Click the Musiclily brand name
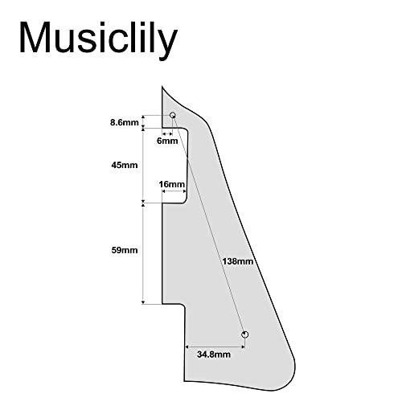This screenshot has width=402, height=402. pos(98,39)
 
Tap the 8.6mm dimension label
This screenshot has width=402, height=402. pos(125,122)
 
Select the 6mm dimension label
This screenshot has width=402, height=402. pos(167,141)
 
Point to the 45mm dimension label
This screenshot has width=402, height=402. pos(125,165)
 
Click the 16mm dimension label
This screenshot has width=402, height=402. pos(171,184)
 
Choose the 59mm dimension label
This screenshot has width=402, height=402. pos(125,250)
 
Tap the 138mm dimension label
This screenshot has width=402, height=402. pos(237,261)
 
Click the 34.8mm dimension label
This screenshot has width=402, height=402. pos(214,355)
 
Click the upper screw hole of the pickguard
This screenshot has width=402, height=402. pos(173,115)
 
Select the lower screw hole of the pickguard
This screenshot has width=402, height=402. pos(244,334)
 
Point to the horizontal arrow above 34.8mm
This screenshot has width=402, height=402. pos(215,347)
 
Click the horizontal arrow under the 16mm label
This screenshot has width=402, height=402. pos(174,191)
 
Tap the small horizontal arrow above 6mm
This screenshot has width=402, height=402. pos(167,133)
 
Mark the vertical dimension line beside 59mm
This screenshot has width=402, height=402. pos(143,253)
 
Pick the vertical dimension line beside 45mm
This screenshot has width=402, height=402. pos(143,166)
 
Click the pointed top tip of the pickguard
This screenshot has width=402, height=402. pos(162,86)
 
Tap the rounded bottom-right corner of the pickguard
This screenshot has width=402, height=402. pos(291,375)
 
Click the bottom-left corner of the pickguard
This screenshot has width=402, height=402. pos(184,381)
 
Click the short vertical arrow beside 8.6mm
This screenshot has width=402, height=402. pos(143,121)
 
